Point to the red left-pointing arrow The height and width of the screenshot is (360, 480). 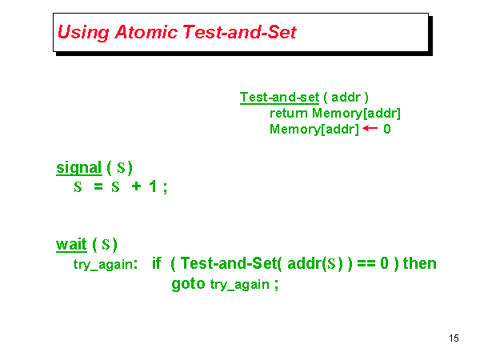click(370, 128)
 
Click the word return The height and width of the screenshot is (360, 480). click(289, 113)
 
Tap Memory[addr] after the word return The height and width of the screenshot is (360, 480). click(357, 113)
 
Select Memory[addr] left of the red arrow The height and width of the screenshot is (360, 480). click(314, 129)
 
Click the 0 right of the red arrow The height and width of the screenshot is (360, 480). click(387, 129)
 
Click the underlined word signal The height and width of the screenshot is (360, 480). click(78, 168)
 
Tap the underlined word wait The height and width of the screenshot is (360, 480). click(71, 244)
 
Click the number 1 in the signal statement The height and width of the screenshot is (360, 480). click(153, 187)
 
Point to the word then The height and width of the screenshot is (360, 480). click(420, 263)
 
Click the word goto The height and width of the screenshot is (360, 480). click(188, 284)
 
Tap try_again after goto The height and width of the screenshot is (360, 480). click(239, 286)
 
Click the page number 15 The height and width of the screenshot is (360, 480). click(454, 338)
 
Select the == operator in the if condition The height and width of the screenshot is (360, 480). click(365, 263)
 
